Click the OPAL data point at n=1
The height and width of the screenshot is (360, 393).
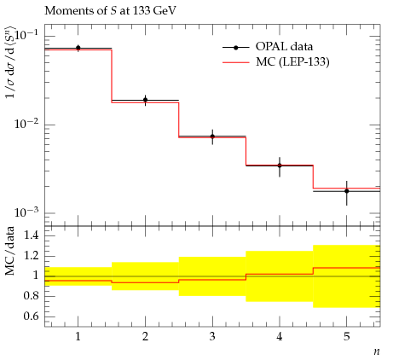click(x=78, y=48)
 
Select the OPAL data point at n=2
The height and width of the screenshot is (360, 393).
click(x=146, y=100)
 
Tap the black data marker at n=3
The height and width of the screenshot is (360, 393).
click(x=212, y=136)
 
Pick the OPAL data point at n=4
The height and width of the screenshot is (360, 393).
click(x=280, y=165)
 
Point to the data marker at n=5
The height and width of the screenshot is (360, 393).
click(x=347, y=191)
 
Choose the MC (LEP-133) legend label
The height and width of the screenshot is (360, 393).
click(x=292, y=61)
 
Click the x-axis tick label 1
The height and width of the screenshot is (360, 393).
click(x=78, y=337)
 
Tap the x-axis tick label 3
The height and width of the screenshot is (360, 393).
click(x=212, y=337)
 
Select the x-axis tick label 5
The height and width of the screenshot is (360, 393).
click(x=347, y=337)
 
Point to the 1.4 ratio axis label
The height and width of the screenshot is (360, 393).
click(x=31, y=235)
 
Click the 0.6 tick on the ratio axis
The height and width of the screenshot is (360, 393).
click(x=31, y=316)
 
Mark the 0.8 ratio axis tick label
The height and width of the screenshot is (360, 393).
click(x=31, y=296)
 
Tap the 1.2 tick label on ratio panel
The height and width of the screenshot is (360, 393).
click(x=31, y=255)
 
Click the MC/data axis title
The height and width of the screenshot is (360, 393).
click(x=10, y=251)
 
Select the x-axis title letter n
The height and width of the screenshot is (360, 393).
click(x=377, y=351)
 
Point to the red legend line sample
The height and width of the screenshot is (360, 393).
click(x=236, y=62)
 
